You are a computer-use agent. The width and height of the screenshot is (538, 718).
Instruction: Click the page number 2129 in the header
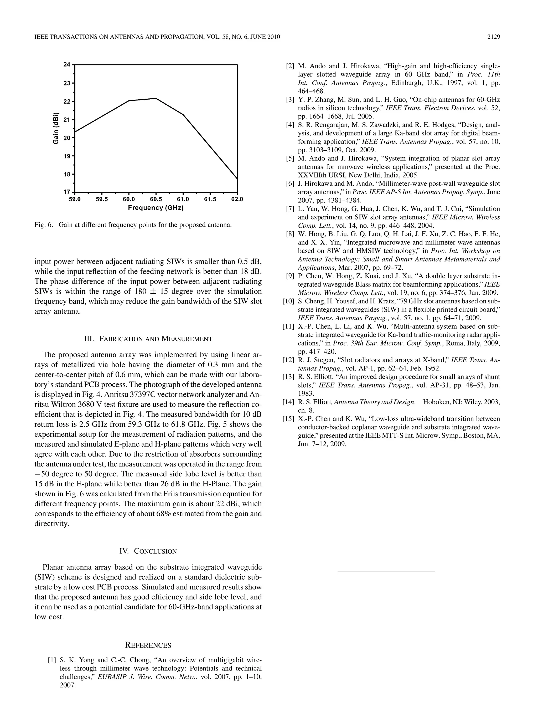[493, 37]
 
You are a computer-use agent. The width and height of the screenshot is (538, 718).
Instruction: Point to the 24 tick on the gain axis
[67, 65]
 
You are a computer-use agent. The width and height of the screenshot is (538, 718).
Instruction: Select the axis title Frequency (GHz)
[156, 208]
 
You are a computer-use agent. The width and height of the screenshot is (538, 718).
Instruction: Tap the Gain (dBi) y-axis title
[56, 128]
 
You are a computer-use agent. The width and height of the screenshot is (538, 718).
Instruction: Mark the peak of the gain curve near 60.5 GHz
[156, 98]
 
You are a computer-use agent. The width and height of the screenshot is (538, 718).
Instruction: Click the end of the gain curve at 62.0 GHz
[237, 178]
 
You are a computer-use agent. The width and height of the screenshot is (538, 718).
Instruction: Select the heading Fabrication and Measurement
[148, 339]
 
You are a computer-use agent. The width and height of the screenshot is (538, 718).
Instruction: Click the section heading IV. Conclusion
[148, 551]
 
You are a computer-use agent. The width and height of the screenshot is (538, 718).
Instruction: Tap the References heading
[148, 645]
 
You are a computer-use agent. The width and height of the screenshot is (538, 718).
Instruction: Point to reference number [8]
[290, 234]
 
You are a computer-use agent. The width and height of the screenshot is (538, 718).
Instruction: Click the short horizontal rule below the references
[386, 571]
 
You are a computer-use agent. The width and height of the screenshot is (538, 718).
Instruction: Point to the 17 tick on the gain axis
[67, 192]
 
